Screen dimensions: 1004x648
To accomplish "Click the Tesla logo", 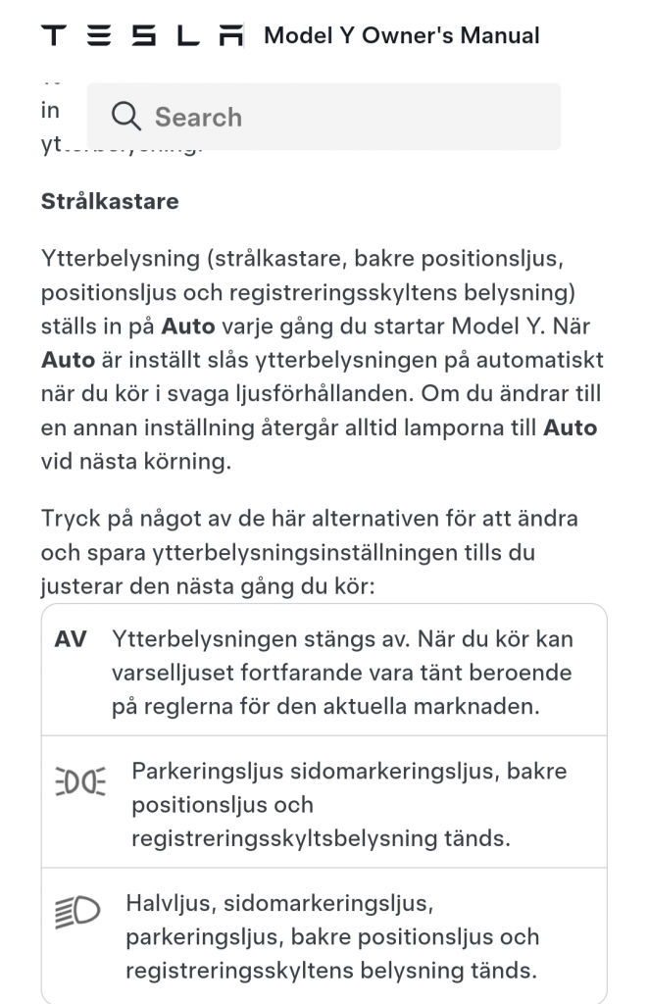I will point(142,36).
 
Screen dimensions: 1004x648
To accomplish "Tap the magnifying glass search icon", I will point(126,117).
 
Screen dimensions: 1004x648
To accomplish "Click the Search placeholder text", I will point(198,117).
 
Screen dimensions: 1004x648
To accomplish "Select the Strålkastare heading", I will point(110,202).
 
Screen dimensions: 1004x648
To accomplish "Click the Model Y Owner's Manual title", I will point(402,36).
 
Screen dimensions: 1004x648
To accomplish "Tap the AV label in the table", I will point(71,639).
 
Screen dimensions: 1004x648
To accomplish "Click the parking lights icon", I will point(78,781).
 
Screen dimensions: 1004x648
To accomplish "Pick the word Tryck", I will point(71,518).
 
